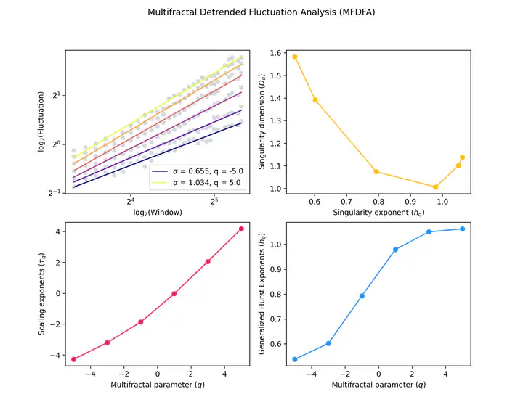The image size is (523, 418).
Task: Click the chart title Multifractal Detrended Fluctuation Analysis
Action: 261,12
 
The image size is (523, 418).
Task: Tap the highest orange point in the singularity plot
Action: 295,57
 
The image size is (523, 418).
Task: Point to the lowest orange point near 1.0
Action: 436,187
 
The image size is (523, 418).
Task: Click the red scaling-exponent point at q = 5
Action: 241,229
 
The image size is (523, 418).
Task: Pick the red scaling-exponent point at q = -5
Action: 74,359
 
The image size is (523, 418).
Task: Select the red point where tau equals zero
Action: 174,294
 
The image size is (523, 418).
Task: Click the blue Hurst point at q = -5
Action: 295,359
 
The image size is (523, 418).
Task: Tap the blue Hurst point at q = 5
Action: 462,229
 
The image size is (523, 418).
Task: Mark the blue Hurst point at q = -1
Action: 362,296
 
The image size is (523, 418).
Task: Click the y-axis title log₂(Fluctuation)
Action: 41,122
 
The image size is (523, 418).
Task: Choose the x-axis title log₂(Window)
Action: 158,213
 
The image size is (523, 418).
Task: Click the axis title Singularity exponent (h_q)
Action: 378,213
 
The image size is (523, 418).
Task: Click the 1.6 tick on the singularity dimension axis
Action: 275,53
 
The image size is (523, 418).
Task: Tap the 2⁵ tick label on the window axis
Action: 214,201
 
